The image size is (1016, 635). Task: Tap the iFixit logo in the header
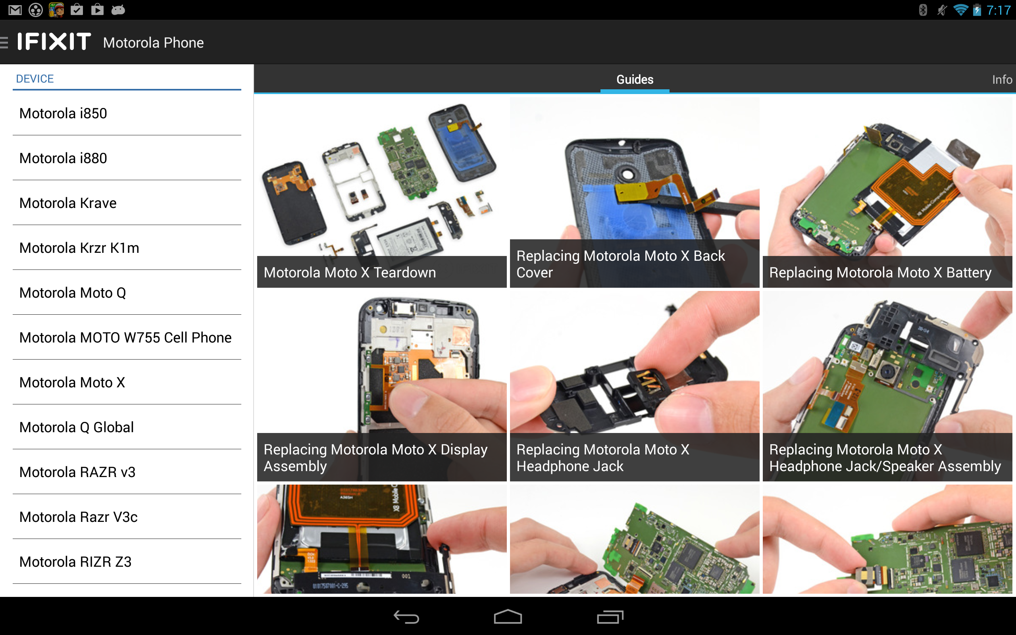(54, 42)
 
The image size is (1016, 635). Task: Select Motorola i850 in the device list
(63, 114)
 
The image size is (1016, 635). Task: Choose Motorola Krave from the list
(67, 203)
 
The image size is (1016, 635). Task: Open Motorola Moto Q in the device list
(73, 293)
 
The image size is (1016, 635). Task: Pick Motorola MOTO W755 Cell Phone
(125, 338)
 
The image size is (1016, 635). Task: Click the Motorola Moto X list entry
(72, 383)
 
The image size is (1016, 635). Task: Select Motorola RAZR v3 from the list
(77, 472)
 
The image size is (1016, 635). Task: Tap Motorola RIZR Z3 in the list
(75, 562)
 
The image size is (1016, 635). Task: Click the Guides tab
(634, 79)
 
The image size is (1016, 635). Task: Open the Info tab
(1001, 79)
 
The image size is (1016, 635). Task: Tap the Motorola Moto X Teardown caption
(350, 273)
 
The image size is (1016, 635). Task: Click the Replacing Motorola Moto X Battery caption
(880, 273)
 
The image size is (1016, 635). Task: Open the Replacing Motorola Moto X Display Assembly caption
(375, 458)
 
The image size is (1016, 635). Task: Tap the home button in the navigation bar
(508, 617)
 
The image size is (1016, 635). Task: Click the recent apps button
(610, 617)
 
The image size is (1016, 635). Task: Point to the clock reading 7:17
(999, 10)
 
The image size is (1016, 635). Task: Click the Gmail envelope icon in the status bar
(15, 10)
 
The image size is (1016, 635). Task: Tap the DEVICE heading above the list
(35, 79)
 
